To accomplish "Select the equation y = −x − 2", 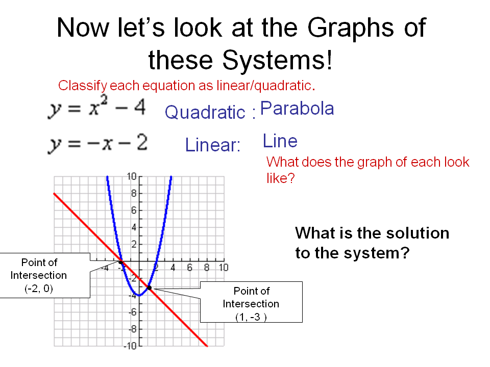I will click(x=97, y=144).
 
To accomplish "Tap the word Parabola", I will click(x=297, y=109).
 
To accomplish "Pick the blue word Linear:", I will click(x=213, y=145).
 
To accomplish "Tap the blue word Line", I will click(x=280, y=141).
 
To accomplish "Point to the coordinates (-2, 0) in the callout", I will click(x=39, y=289).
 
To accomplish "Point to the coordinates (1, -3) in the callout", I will click(x=251, y=317).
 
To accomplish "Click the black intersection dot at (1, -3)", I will click(x=149, y=288).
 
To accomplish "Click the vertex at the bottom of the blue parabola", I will click(x=139, y=295).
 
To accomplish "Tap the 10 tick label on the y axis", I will click(x=131, y=177).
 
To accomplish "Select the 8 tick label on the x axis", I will click(x=206, y=268).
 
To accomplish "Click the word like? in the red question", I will click(x=280, y=178).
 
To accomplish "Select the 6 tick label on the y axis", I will click(x=134, y=211).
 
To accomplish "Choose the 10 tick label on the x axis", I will click(x=223, y=268).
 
